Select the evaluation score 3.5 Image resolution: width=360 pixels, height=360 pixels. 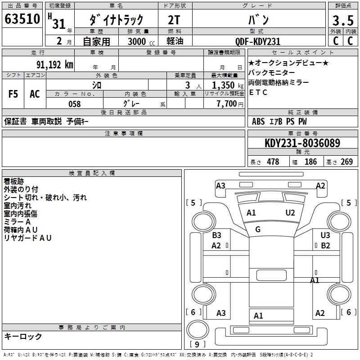pyautogui.click(x=343, y=21)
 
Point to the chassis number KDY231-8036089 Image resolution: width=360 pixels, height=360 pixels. pyautogui.click(x=302, y=143)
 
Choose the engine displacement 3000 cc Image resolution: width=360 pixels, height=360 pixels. pyautogui.click(x=140, y=41)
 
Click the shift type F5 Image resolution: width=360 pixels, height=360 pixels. pyautogui.click(x=13, y=94)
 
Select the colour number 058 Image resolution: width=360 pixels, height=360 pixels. pyautogui.click(x=75, y=104)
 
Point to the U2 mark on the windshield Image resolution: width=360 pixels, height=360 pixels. pyautogui.click(x=290, y=212)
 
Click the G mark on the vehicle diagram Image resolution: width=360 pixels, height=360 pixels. pyautogui.click(x=258, y=229)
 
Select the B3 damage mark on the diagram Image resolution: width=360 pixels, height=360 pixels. pyautogui.click(x=216, y=235)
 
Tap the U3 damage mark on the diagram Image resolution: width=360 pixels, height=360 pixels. pyautogui.click(x=325, y=235)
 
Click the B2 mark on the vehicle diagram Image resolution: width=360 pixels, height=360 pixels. pyautogui.click(x=325, y=246)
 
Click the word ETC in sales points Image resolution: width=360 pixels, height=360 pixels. pyautogui.click(x=258, y=93)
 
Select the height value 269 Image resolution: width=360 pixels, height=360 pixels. pyautogui.click(x=346, y=162)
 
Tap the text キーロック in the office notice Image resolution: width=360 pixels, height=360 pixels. pyautogui.click(x=23, y=336)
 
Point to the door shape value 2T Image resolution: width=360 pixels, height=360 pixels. pyautogui.click(x=175, y=20)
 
